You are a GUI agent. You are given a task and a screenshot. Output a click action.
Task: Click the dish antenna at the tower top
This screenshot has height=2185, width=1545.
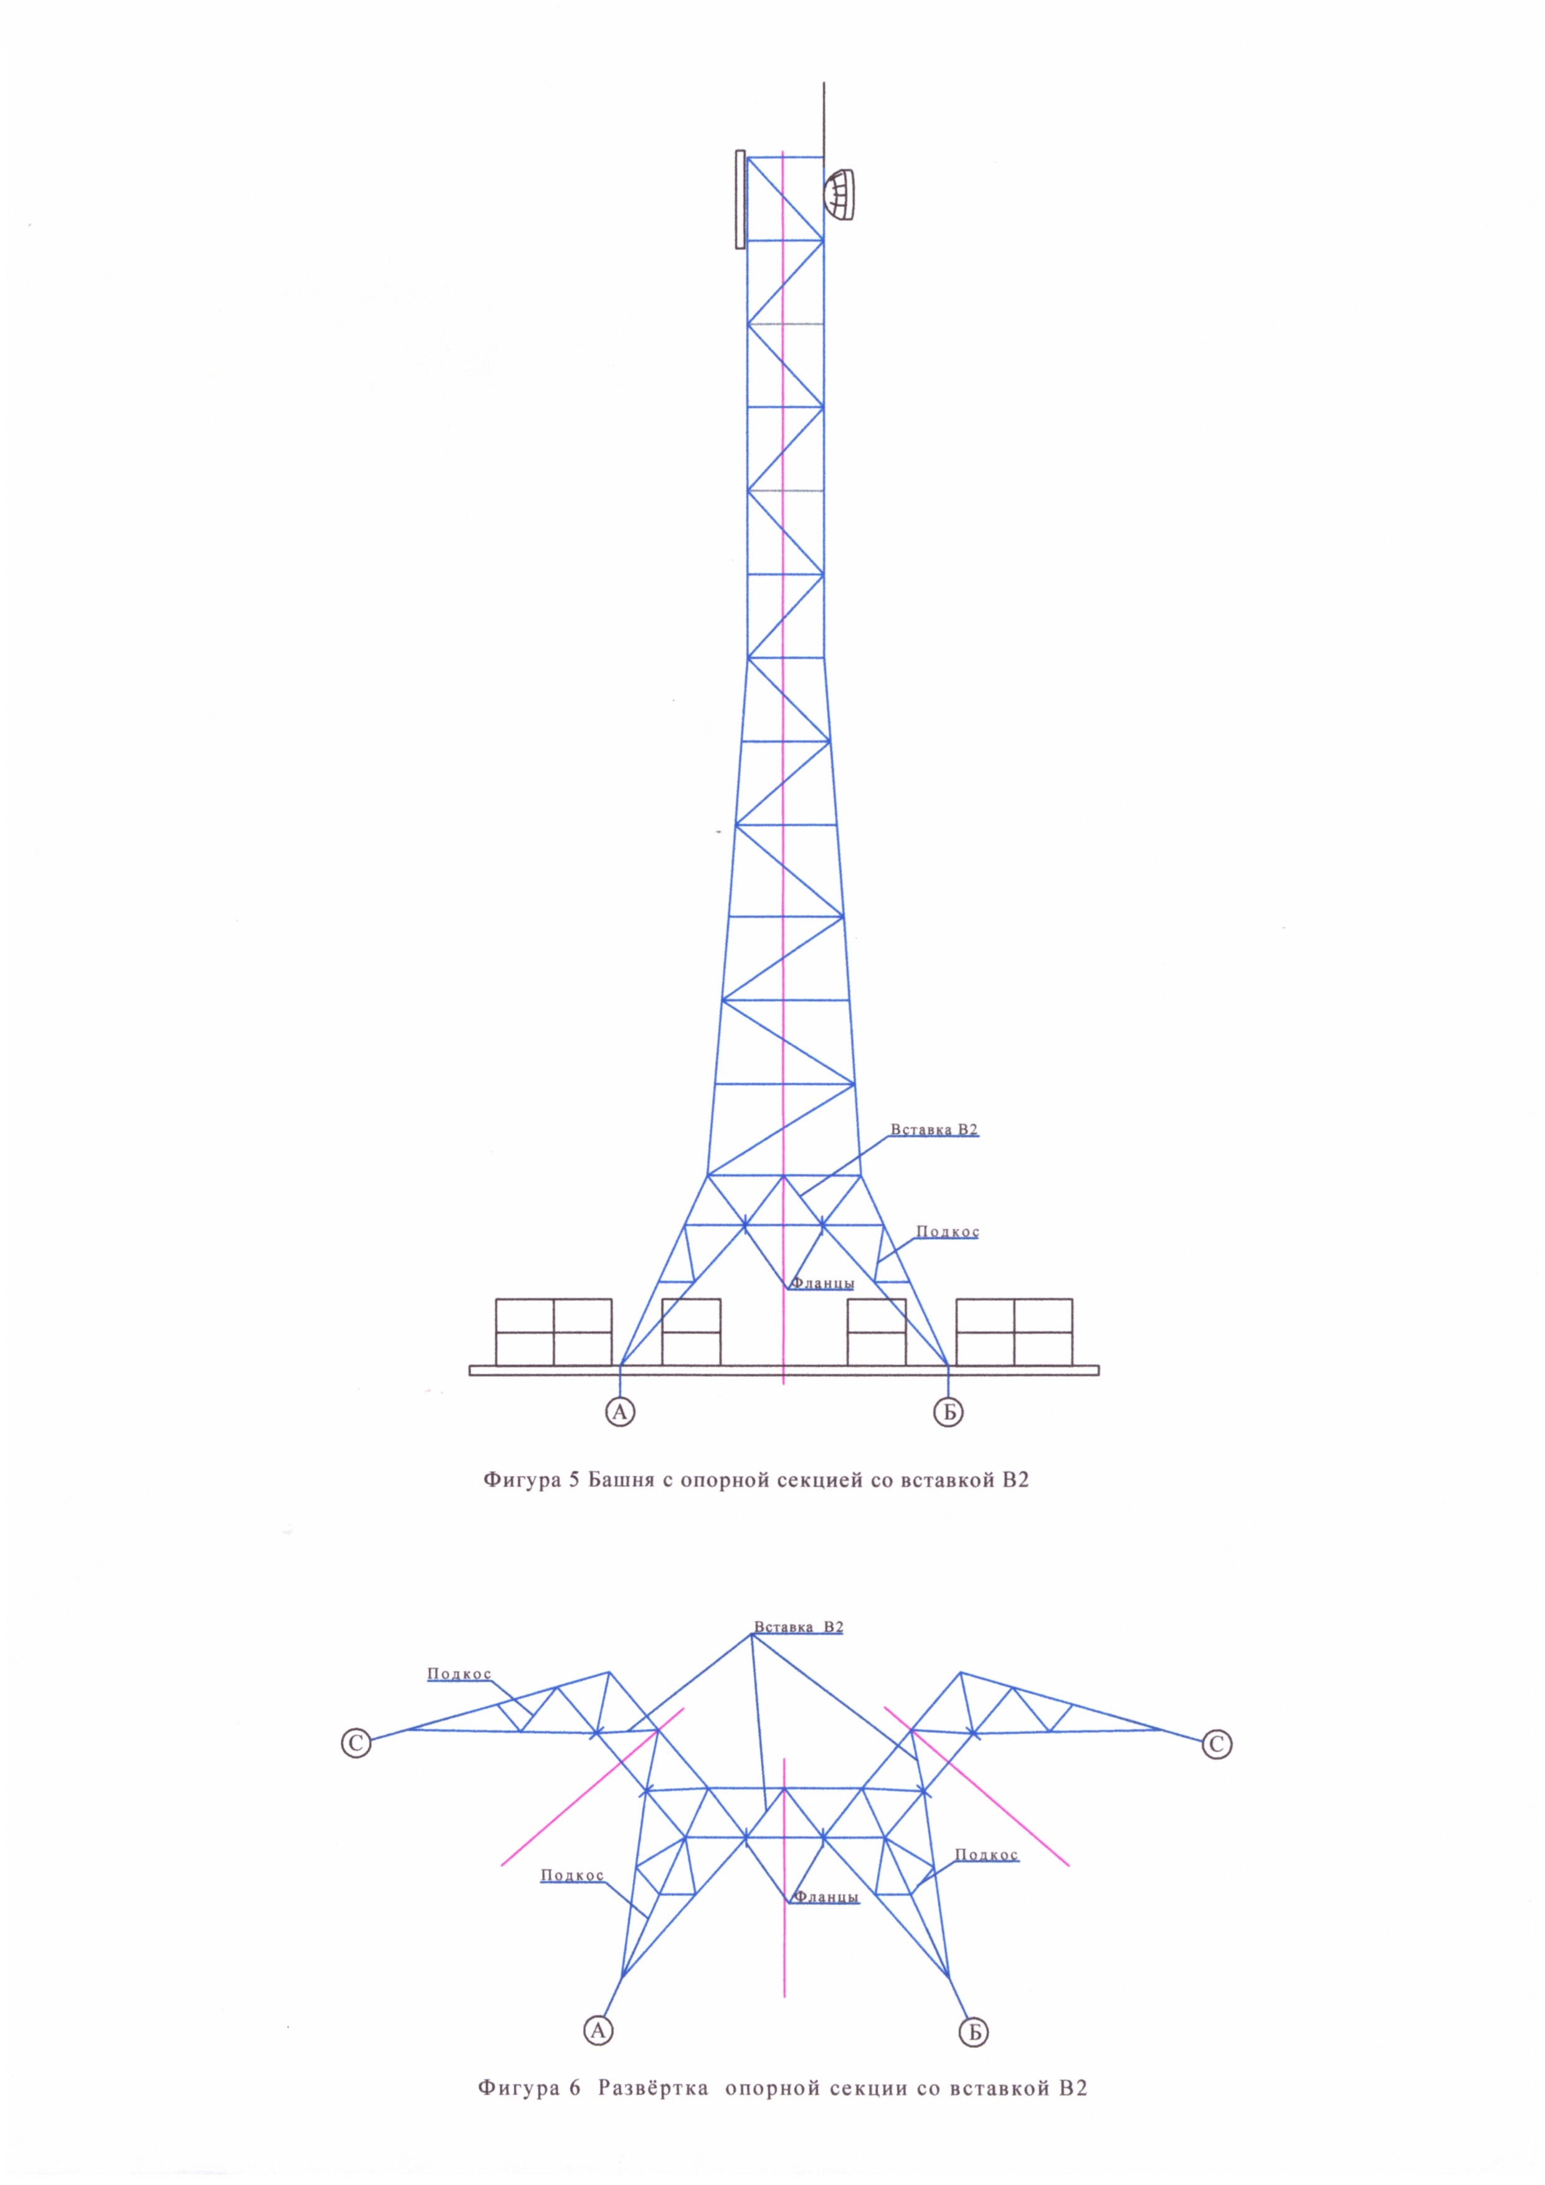click(x=840, y=195)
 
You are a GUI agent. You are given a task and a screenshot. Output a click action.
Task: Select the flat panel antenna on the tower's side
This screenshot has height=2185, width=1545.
click(x=740, y=199)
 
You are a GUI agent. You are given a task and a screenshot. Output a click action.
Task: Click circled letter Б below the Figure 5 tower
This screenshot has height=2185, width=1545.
click(x=949, y=1412)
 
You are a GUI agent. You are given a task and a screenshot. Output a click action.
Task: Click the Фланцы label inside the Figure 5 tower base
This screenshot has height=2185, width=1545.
click(x=823, y=1283)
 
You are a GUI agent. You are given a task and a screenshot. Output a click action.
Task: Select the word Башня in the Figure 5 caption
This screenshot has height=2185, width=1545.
click(x=623, y=1481)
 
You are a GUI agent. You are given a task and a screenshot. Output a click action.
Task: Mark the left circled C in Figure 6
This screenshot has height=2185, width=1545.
click(x=356, y=1743)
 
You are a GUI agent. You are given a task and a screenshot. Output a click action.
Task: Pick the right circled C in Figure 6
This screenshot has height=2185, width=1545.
click(x=1217, y=1745)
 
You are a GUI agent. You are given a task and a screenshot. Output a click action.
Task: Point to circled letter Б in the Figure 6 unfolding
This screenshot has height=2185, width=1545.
click(x=974, y=2032)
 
